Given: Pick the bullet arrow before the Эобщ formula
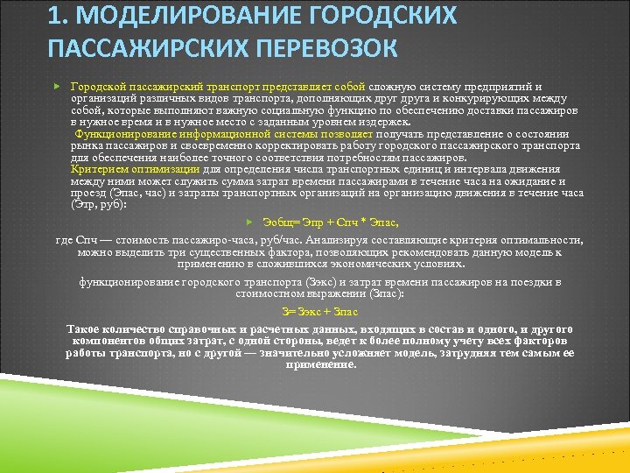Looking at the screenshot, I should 248,222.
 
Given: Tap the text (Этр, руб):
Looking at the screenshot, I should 98,204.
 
